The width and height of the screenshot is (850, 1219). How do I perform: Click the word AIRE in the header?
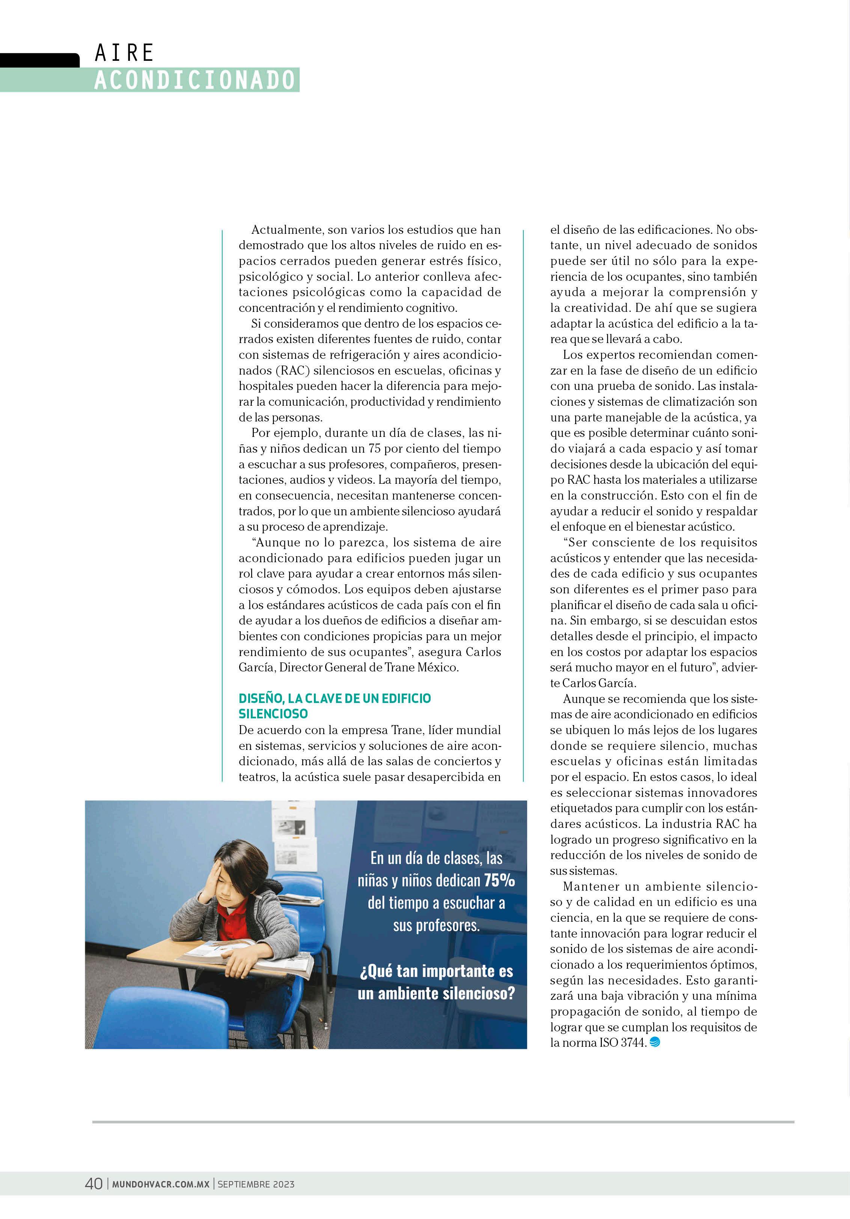coord(124,53)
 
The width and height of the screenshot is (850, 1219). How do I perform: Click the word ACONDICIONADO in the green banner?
coord(194,80)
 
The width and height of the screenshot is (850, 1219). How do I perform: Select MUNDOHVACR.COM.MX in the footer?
coord(160,1184)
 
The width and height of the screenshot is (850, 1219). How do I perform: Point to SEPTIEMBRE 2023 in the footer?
coord(256,1184)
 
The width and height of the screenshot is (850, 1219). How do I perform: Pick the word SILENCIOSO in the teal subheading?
coord(273,713)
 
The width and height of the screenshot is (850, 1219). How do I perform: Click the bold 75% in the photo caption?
coord(499,880)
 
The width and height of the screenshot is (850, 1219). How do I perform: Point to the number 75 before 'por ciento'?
coord(375,448)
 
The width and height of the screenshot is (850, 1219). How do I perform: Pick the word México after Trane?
coord(438,667)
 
